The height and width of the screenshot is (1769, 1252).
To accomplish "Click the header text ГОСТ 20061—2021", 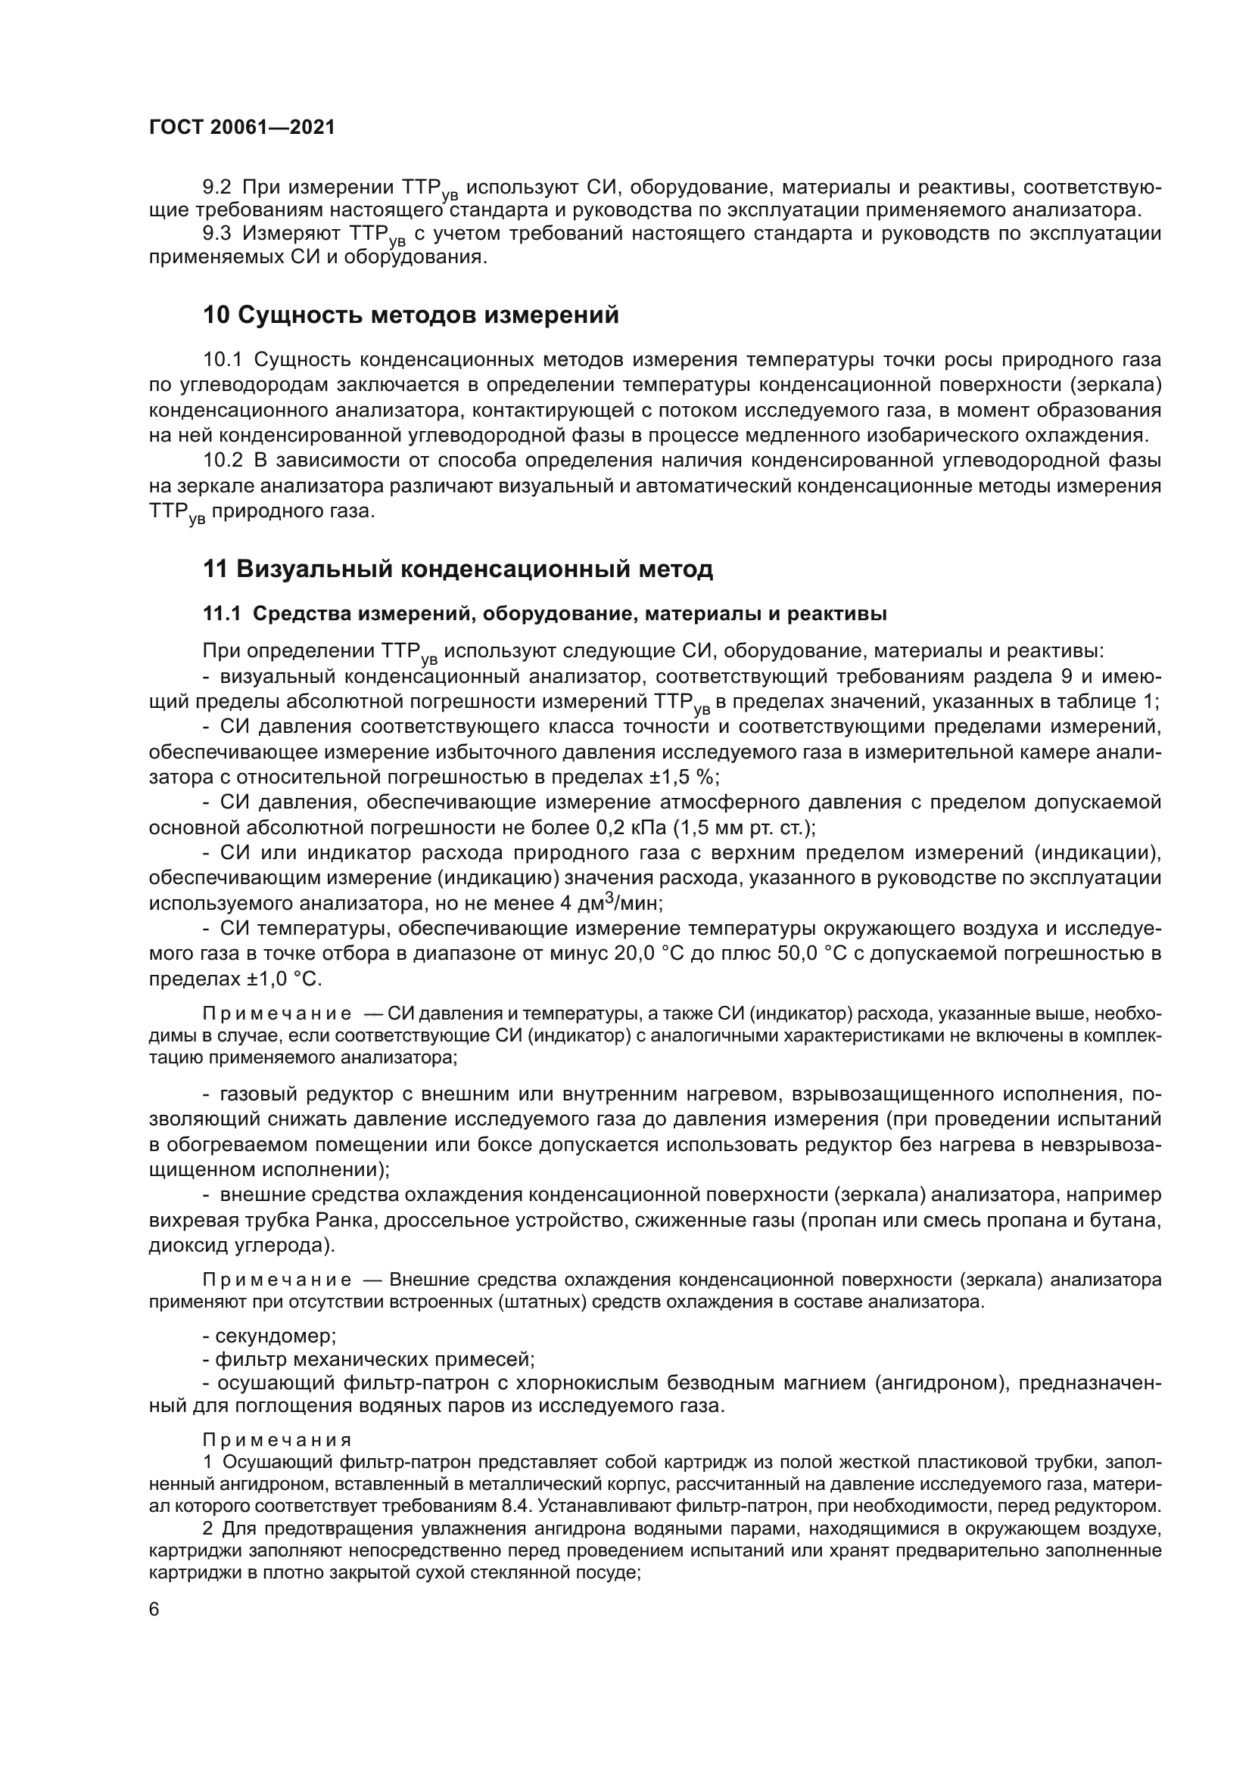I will coord(242,128).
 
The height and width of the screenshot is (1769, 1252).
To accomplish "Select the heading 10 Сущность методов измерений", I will coord(411,315).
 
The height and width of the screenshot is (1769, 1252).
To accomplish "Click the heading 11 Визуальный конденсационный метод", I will coord(458,569).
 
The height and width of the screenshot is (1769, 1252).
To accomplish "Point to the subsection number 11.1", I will coord(222,614).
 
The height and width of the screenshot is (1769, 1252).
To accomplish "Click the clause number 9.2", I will coord(217,188).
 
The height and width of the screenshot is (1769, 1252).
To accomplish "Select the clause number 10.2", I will coord(223,461).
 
